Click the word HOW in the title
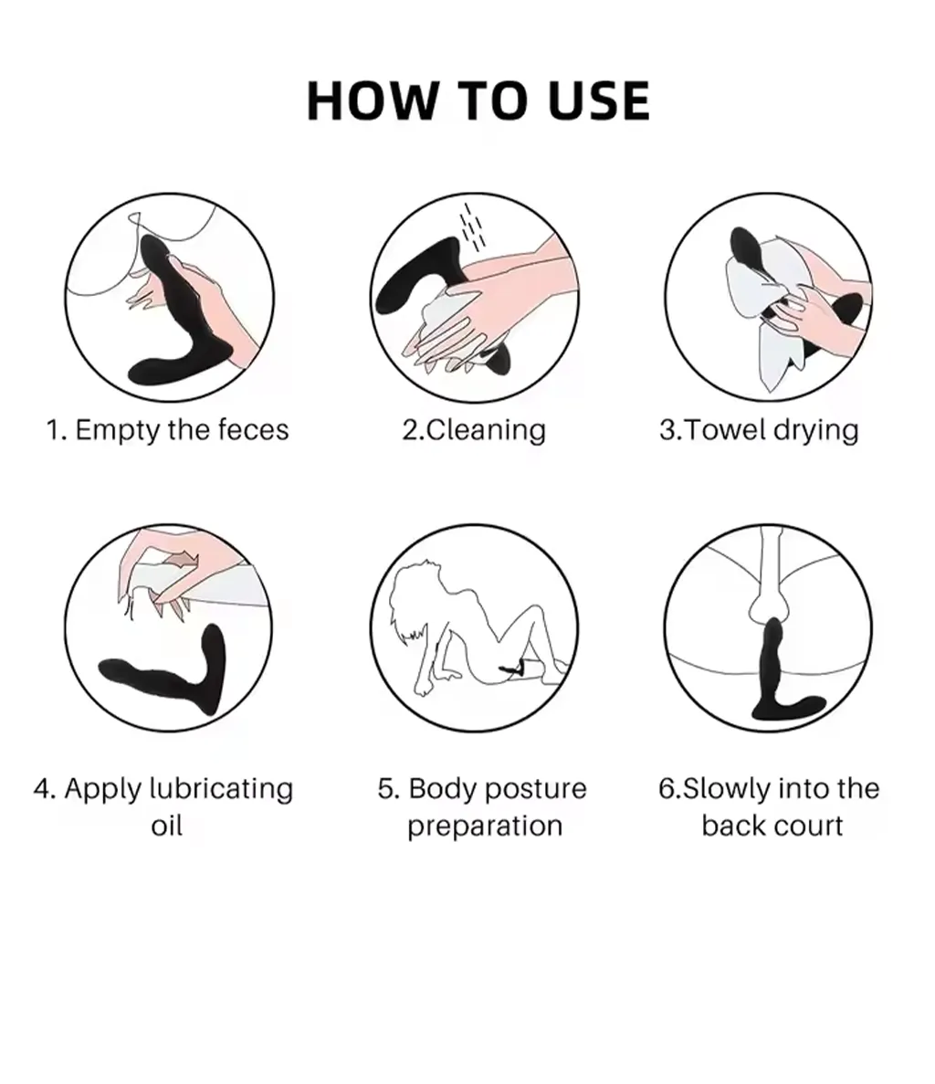click(372, 100)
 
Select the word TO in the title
click(492, 100)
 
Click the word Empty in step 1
click(118, 431)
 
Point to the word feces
click(253, 429)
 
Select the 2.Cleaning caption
click(474, 430)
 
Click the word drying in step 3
click(815, 431)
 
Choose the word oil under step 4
click(166, 826)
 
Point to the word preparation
click(485, 826)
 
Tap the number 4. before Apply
click(44, 789)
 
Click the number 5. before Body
click(388, 789)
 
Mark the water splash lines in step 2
click(473, 226)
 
